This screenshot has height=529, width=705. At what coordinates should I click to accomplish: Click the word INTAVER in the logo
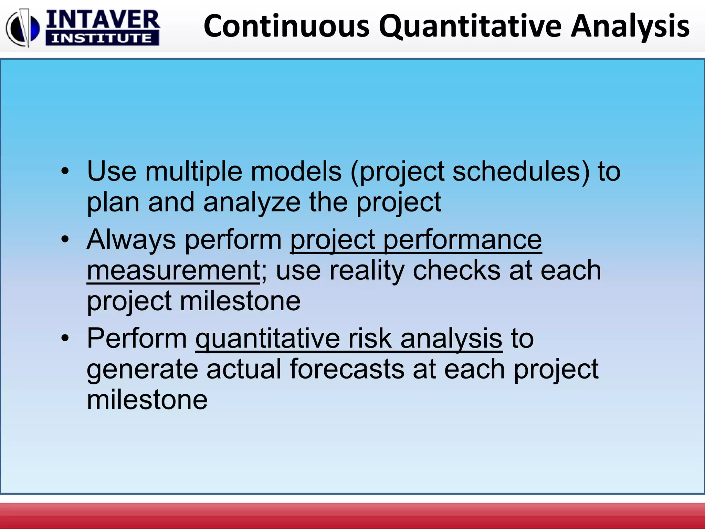(103, 20)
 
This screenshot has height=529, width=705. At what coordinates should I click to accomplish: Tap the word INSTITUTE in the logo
(102, 38)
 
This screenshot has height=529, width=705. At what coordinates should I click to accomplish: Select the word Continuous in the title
(286, 26)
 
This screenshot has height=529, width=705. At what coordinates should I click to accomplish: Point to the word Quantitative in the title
(470, 26)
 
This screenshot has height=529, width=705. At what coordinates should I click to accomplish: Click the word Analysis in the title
(630, 26)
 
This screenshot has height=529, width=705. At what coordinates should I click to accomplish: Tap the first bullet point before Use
(65, 171)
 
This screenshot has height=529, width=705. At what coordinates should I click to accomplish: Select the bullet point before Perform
(65, 338)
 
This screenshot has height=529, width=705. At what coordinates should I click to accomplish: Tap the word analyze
(252, 202)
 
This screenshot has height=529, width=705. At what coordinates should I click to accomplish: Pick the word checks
(456, 270)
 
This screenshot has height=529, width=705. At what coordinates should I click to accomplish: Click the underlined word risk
(370, 338)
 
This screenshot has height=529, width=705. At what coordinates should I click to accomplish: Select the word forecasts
(347, 369)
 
